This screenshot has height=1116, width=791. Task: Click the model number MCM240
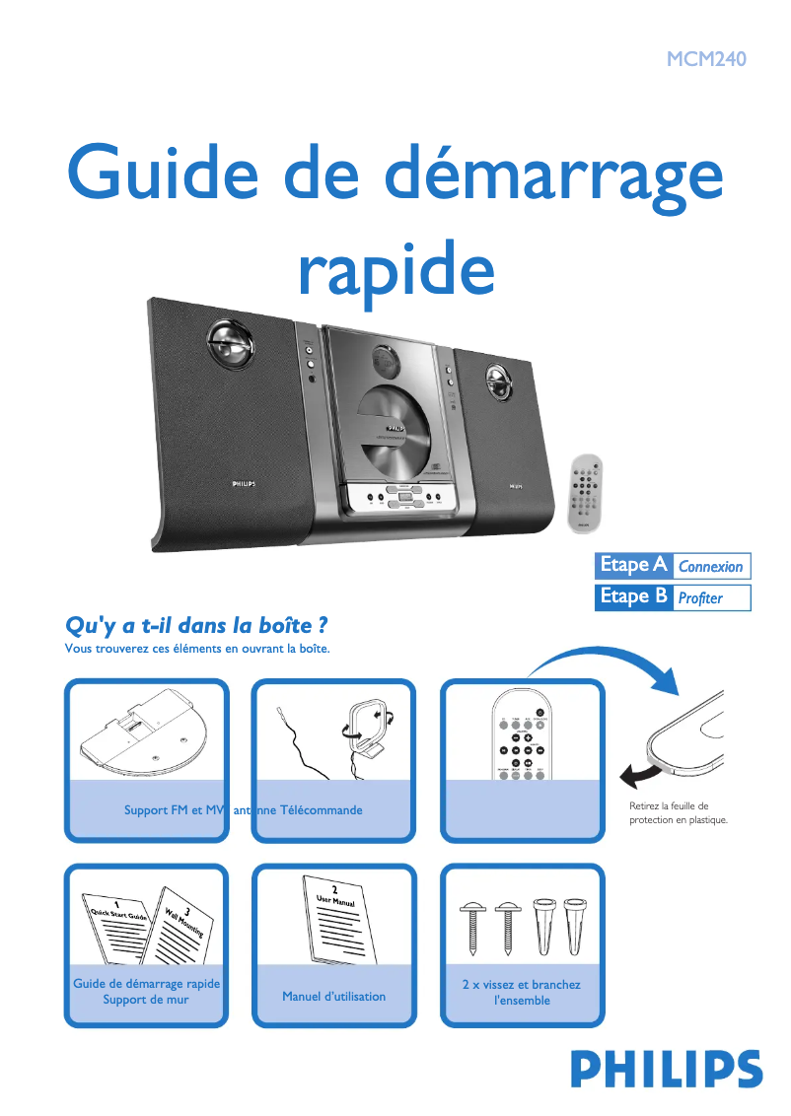(706, 58)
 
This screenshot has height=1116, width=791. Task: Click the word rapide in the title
(395, 264)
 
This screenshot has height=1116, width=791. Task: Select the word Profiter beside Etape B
(700, 597)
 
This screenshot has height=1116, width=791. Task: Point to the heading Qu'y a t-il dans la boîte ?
(195, 626)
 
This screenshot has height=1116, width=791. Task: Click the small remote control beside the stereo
(588, 496)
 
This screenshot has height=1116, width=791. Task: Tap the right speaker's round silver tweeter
(499, 380)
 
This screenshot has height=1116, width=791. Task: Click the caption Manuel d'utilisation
(333, 997)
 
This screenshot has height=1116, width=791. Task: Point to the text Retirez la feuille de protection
(678, 812)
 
